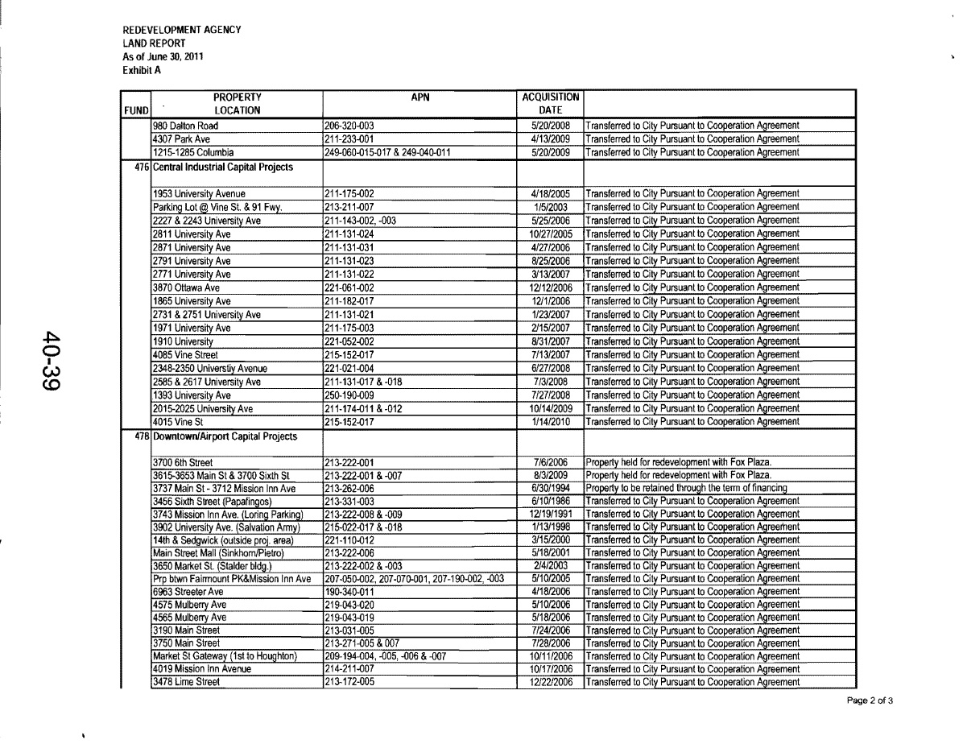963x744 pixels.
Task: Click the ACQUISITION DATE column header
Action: click(x=552, y=104)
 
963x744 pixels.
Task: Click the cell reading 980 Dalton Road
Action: click(x=186, y=126)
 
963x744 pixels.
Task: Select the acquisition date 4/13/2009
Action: click(x=552, y=138)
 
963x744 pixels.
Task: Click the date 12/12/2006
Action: click(x=552, y=287)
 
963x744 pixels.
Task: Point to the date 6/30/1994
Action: click(x=552, y=490)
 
